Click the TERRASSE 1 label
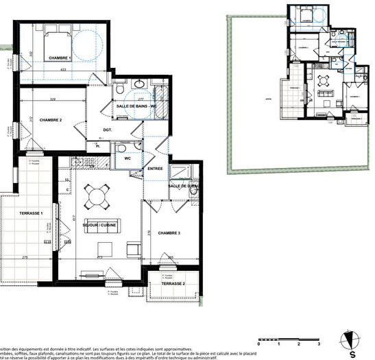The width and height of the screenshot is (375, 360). (x=28, y=214)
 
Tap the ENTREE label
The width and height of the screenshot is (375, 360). (x=154, y=168)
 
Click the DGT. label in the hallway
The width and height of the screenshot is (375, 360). (x=108, y=129)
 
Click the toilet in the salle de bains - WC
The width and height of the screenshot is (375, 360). (x=121, y=90)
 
